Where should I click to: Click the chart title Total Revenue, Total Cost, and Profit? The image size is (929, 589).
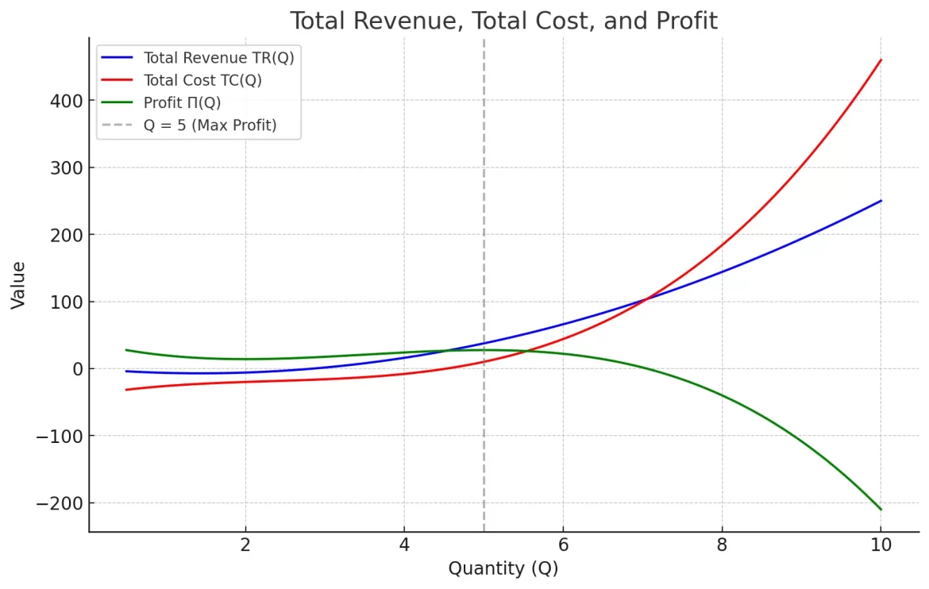503,21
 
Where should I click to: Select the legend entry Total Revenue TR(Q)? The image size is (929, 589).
218,58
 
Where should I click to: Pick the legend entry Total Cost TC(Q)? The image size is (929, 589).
202,80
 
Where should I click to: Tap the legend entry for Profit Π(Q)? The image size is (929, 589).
182,102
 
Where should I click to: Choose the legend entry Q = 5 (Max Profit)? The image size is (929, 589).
210,125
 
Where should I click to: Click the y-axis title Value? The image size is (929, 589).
18,285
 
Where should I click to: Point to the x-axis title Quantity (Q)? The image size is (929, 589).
503,568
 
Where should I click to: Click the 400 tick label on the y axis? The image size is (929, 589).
66,101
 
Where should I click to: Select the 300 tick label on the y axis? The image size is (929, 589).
66,167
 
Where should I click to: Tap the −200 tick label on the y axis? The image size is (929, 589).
60,503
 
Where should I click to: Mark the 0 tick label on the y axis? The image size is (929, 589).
77,369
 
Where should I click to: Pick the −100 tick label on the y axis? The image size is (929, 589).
60,436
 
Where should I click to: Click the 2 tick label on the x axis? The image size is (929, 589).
245,545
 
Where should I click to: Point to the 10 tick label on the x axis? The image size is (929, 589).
880,545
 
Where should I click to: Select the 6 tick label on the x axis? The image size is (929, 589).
563,545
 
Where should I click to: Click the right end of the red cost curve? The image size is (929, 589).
881,60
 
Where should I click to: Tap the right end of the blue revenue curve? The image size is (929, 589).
881,201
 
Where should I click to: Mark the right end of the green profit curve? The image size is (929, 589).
881,509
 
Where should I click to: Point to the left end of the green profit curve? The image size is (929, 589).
126,350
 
